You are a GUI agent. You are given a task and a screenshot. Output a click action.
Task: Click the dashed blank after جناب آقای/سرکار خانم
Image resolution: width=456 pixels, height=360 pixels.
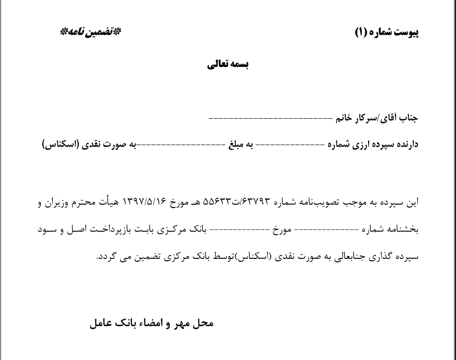[270, 119]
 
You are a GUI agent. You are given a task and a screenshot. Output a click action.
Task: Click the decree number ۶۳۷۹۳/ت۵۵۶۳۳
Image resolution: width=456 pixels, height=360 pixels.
[249, 201]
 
